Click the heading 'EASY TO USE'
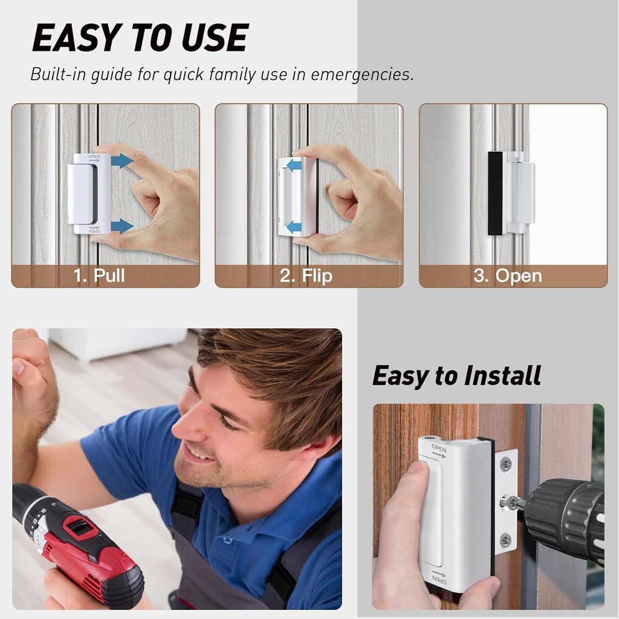(140, 39)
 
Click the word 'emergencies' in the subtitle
(362, 74)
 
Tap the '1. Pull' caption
(99, 276)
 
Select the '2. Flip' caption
(306, 276)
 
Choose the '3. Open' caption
(507, 276)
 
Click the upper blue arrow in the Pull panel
(122, 161)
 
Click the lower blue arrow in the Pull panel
(122, 226)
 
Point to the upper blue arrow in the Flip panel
(294, 165)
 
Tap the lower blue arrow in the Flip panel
(294, 227)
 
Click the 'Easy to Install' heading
(456, 375)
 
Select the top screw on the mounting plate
(505, 464)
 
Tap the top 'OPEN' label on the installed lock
(439, 449)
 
